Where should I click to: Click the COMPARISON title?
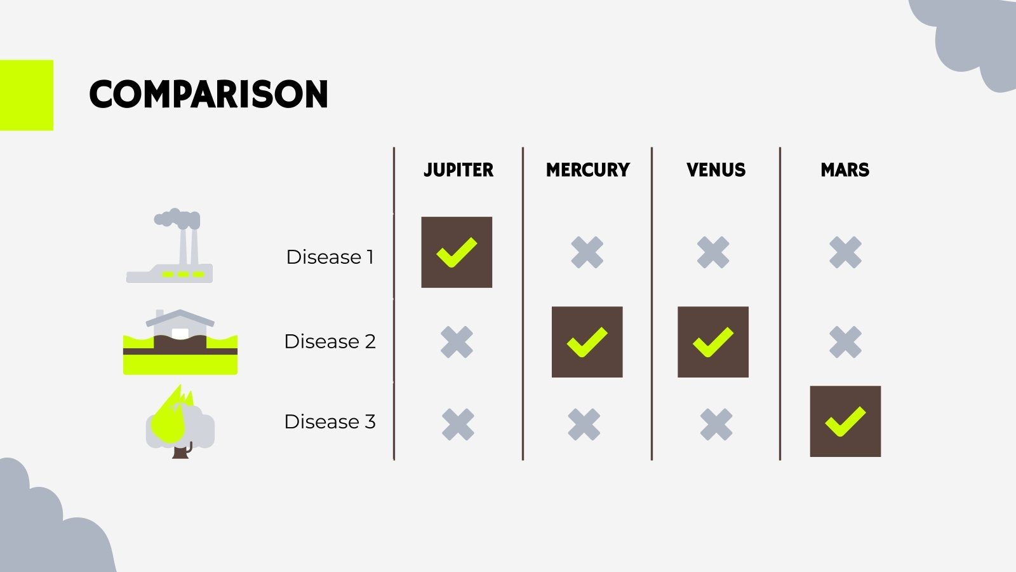point(208,95)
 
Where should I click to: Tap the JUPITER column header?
point(458,170)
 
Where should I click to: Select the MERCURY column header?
point(587,170)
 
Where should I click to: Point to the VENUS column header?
point(716,170)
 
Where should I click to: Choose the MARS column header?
point(845,170)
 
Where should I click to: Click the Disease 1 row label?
point(330,257)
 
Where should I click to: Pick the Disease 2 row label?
point(330,341)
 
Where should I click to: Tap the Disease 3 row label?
point(330,421)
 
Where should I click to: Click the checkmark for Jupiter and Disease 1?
point(457,252)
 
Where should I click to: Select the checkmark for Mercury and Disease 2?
point(587,342)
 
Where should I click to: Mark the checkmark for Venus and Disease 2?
point(712,342)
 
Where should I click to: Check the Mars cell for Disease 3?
point(845,421)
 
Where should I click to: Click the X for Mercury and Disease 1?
point(587,252)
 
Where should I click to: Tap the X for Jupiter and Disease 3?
point(458,425)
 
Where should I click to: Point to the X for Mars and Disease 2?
point(845,342)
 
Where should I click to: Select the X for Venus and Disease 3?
point(716,425)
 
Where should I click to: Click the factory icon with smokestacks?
point(170,247)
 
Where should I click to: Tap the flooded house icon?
point(180,343)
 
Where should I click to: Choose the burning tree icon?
point(180,423)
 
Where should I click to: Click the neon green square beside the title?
point(26,95)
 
